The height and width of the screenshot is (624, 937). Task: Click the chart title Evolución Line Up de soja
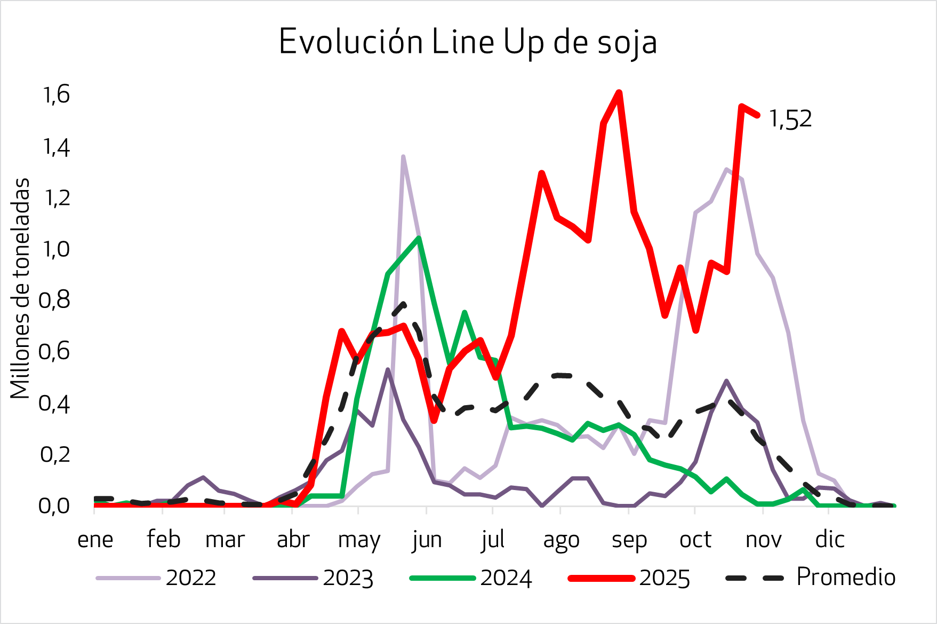(468, 42)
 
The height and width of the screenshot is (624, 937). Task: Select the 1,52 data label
(790, 119)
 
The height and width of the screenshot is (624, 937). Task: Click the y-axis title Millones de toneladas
(20, 288)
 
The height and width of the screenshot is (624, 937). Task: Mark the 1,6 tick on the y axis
(57, 95)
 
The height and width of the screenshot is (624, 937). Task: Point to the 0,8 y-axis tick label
(55, 301)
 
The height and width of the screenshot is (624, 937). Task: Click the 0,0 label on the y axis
(55, 505)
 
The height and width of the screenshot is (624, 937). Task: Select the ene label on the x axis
(95, 540)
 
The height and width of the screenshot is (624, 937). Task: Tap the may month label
(359, 540)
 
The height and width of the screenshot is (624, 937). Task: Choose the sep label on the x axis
(629, 540)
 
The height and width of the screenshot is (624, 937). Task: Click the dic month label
(830, 540)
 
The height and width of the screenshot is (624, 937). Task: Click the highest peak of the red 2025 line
(619, 93)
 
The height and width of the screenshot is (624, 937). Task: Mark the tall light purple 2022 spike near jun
(403, 156)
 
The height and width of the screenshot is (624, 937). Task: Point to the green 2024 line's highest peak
(419, 238)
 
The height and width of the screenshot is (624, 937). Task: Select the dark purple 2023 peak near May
(388, 369)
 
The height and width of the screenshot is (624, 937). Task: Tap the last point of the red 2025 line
(757, 115)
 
